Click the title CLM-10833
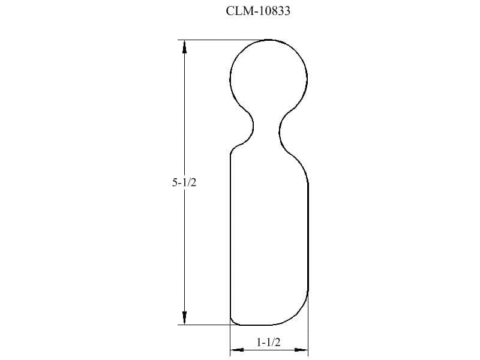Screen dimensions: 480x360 point(258,11)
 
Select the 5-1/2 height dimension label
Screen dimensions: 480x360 point(184,182)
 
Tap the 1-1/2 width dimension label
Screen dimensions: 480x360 point(268,342)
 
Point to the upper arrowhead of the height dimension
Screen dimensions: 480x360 point(184,47)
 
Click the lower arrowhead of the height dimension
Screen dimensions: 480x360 point(184,318)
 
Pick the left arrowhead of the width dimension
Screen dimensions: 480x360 point(237,350)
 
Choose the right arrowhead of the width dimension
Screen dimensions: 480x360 point(301,350)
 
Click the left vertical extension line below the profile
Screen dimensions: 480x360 point(230,340)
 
